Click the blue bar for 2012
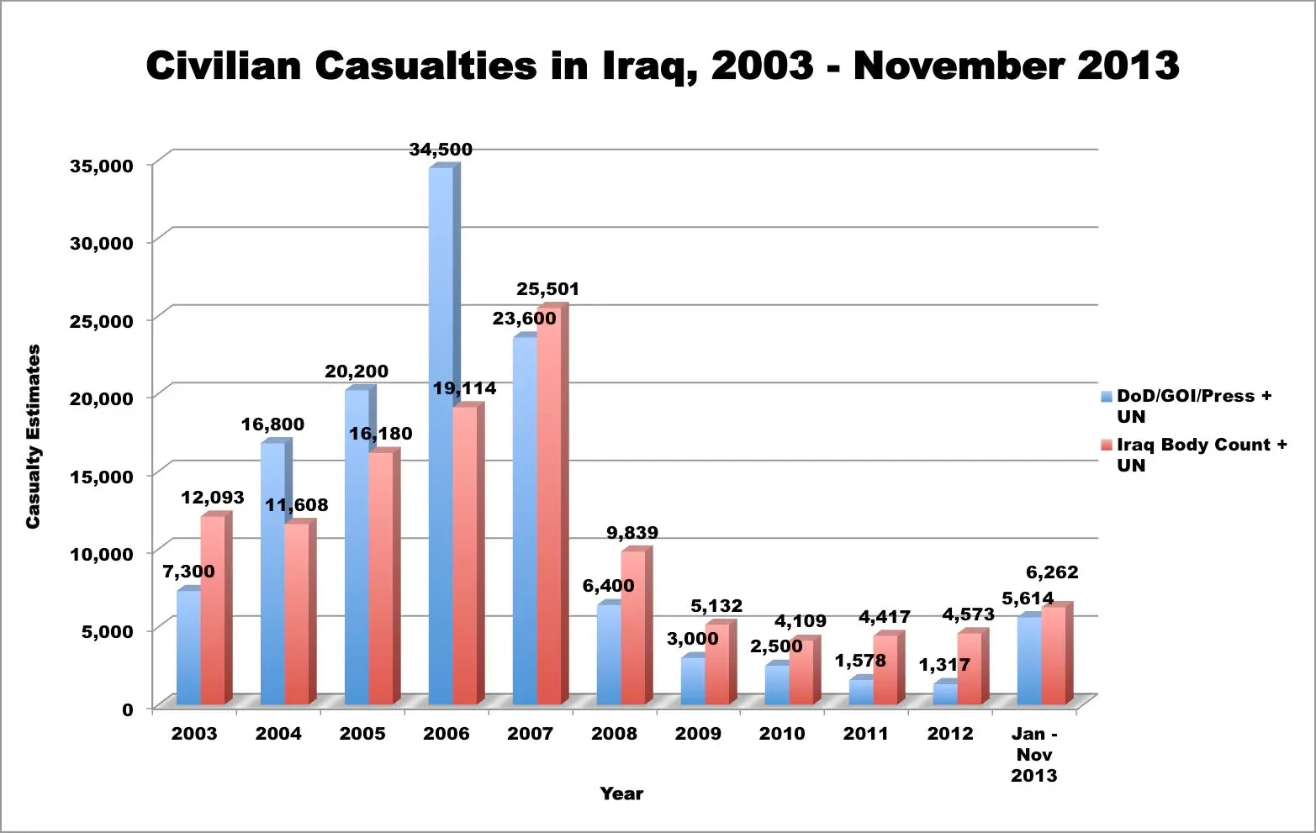point(945,694)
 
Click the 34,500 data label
point(441,150)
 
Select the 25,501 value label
point(547,289)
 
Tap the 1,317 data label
point(944,665)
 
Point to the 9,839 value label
point(632,533)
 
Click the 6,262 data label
point(1052,572)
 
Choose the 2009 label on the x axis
point(698,734)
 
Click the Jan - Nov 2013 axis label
point(1034,754)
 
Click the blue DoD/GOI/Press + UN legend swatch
point(1107,396)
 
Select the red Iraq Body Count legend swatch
point(1107,445)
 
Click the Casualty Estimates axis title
point(34,436)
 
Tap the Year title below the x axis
point(621,793)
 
